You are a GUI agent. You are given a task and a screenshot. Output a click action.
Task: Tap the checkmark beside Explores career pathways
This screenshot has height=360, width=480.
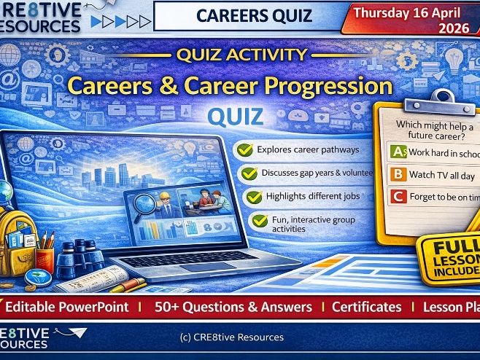(x=247, y=150)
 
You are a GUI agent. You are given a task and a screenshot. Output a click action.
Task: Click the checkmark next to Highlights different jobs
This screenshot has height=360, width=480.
(x=254, y=197)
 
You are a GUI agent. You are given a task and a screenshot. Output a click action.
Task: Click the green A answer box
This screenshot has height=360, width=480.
(x=398, y=153)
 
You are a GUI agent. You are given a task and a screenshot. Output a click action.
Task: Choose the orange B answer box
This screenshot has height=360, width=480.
(x=398, y=175)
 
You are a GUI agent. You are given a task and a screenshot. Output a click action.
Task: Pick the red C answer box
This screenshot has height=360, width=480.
(x=397, y=196)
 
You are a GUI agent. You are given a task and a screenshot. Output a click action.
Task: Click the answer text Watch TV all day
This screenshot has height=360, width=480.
(x=442, y=176)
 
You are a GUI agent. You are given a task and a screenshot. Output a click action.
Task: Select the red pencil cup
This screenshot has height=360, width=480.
(x=46, y=257)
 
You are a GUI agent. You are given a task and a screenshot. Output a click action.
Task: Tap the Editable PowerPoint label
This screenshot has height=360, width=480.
(x=71, y=308)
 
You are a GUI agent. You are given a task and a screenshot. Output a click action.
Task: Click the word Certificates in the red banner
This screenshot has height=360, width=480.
(x=366, y=308)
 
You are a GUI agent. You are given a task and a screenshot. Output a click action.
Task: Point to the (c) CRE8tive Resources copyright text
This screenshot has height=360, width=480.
(x=231, y=337)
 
